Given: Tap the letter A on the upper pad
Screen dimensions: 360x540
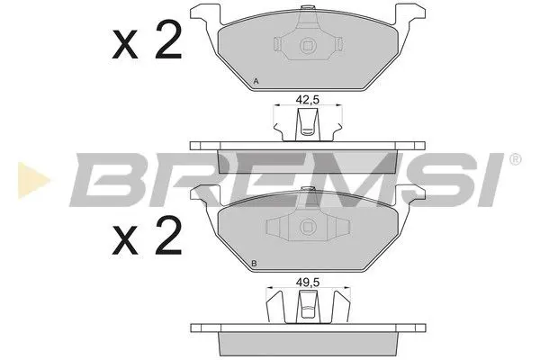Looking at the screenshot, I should [256, 83].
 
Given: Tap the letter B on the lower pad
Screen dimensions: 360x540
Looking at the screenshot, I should [256, 263].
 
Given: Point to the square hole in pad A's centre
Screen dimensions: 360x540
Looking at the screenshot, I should [307, 49].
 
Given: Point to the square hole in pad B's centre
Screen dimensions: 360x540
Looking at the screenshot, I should [307, 228].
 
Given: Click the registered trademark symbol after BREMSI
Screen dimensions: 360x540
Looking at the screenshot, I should [515, 160].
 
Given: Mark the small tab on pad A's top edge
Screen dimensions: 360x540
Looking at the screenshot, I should [308, 13].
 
